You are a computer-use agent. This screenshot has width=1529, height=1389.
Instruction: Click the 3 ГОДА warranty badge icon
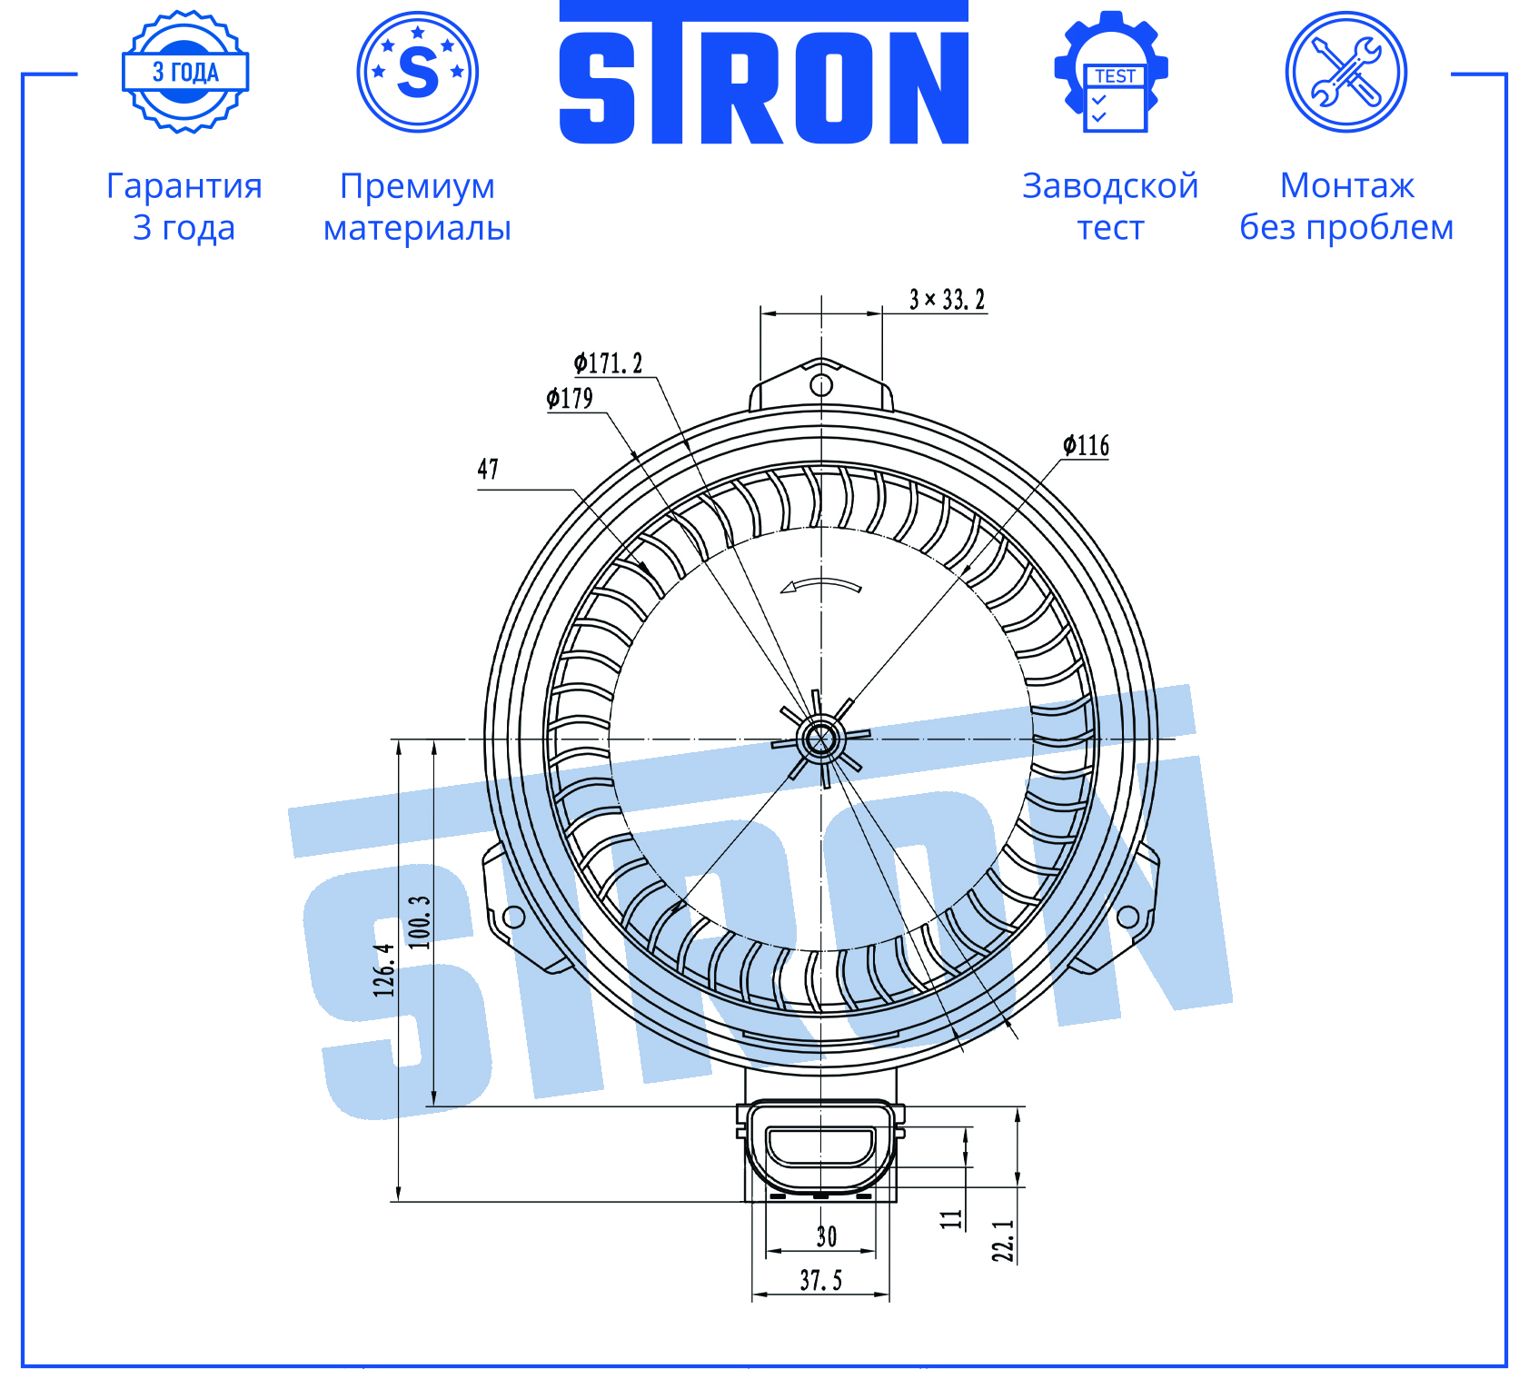click(185, 72)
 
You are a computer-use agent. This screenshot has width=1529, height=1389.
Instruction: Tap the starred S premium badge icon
click(418, 72)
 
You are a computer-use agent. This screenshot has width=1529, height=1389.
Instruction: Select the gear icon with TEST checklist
click(1111, 72)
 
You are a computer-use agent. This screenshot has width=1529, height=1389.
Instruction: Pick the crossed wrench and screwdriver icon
click(1346, 72)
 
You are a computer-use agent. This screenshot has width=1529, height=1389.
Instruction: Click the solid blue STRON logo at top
click(764, 73)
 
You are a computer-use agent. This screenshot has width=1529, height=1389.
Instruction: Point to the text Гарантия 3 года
click(184, 206)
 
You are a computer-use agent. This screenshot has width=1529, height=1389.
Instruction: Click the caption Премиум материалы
click(418, 206)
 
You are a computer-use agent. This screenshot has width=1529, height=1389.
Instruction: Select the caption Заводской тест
click(1110, 206)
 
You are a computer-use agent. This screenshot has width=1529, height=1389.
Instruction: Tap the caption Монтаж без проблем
click(1346, 206)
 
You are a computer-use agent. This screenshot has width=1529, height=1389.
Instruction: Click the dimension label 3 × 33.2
click(948, 300)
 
